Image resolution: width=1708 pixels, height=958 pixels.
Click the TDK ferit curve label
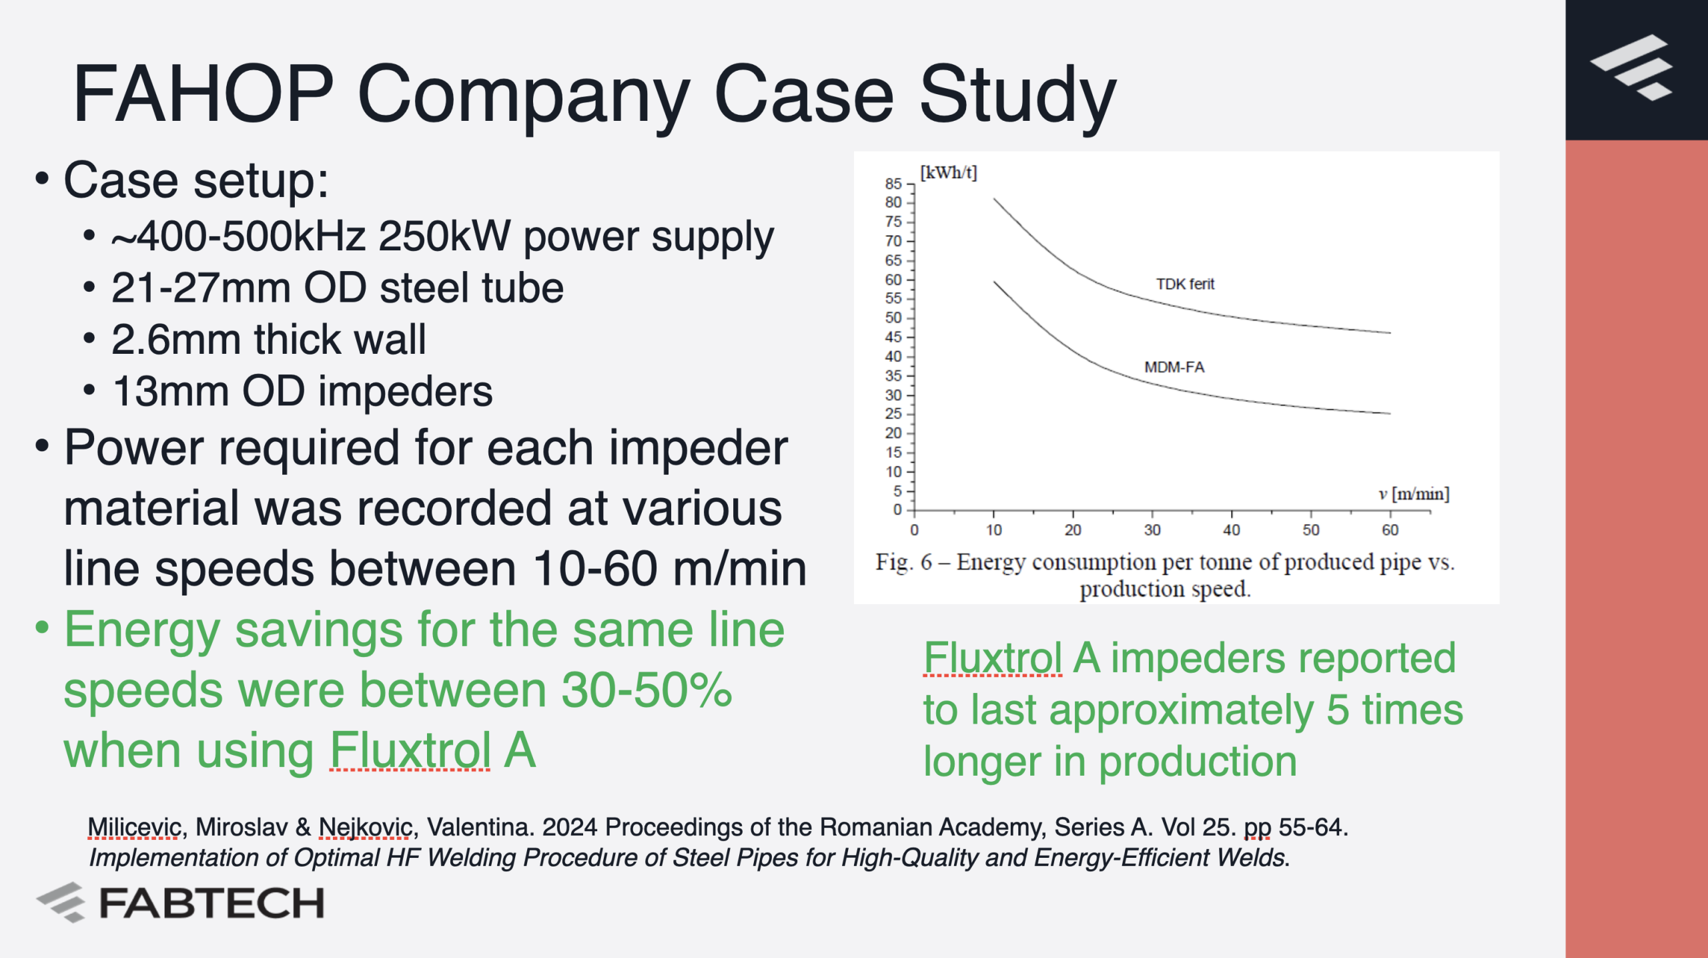click(1185, 284)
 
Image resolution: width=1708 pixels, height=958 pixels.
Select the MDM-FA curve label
click(1174, 367)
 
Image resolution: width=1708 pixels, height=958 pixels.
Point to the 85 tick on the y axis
click(893, 184)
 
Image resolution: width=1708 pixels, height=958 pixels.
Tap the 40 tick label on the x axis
click(1232, 530)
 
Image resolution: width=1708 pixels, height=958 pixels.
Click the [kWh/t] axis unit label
click(948, 172)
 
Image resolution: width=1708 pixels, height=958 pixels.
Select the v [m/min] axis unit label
click(1414, 493)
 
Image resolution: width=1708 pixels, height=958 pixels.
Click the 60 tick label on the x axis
click(1390, 530)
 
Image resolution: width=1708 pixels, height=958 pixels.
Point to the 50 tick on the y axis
click(893, 318)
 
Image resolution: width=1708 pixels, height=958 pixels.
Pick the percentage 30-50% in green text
click(647, 690)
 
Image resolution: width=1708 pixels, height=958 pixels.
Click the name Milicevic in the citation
click(135, 827)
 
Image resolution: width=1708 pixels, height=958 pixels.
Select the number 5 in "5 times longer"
click(1338, 710)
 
